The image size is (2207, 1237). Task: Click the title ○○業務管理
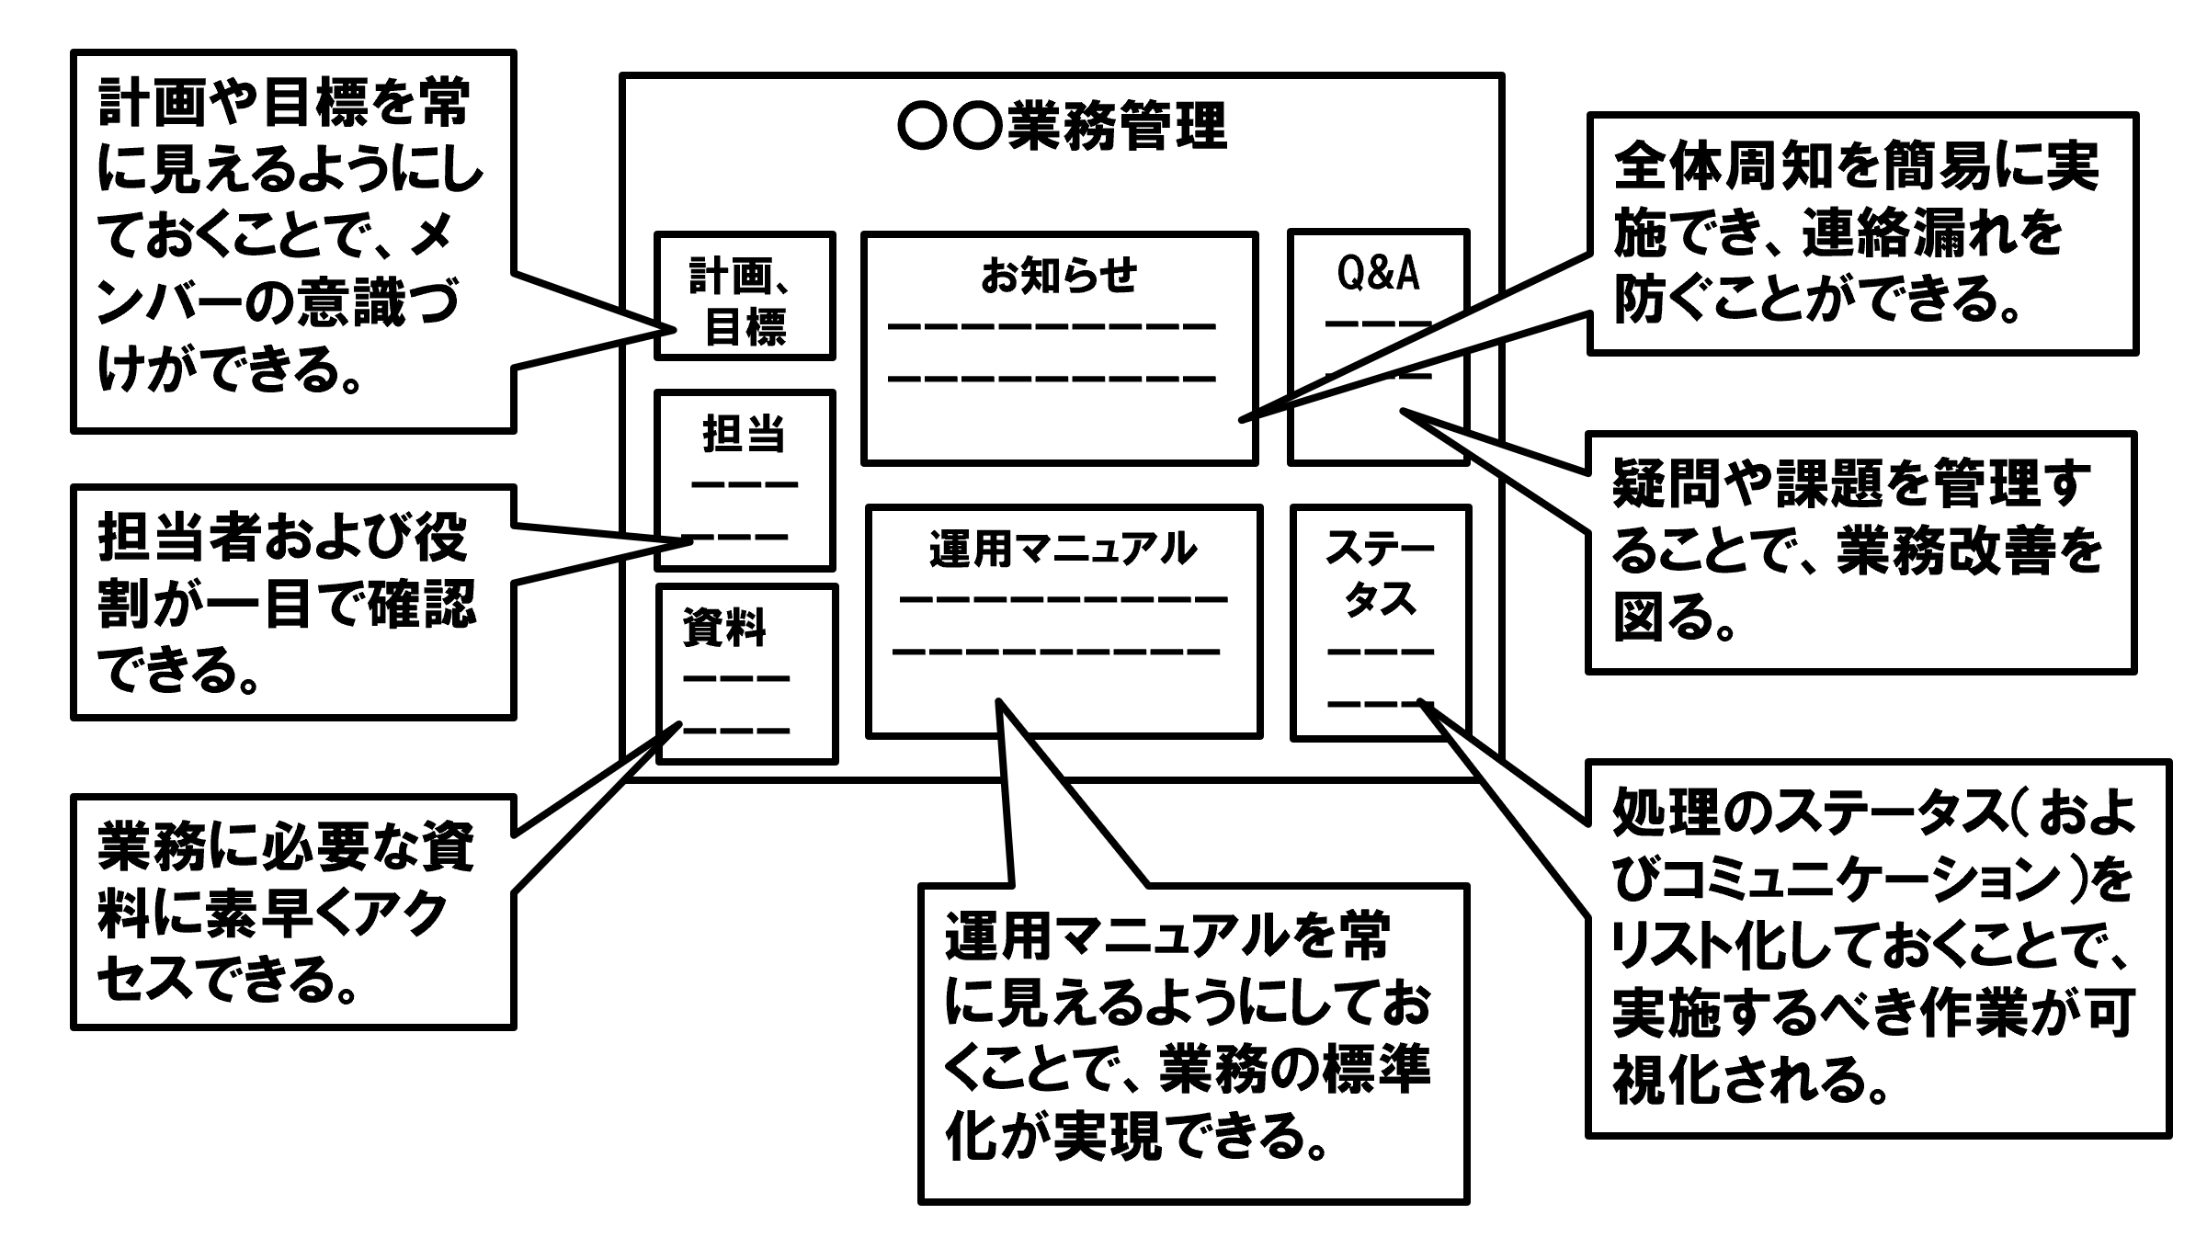pyautogui.click(x=1062, y=128)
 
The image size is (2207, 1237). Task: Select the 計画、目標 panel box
pyautogui.click(x=745, y=296)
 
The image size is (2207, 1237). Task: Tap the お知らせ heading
pyautogui.click(x=1059, y=275)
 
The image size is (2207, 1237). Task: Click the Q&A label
pyautogui.click(x=1378, y=274)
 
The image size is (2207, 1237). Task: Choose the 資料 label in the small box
pyautogui.click(x=723, y=629)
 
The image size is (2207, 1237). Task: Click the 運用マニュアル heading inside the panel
pyautogui.click(x=1063, y=550)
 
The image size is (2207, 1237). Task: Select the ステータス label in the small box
pyautogui.click(x=1380, y=574)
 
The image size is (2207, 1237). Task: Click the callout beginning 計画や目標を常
pyautogui.click(x=292, y=241)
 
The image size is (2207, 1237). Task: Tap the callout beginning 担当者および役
pyautogui.click(x=292, y=602)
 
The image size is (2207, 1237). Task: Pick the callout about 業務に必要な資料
pyautogui.click(x=292, y=912)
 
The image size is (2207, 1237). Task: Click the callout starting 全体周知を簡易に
pyautogui.click(x=1861, y=233)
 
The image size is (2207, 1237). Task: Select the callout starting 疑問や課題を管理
pyautogui.click(x=1860, y=552)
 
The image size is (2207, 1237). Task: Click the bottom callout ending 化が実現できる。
pyautogui.click(x=1192, y=1043)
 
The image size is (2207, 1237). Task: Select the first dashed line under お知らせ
pyautogui.click(x=1052, y=326)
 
